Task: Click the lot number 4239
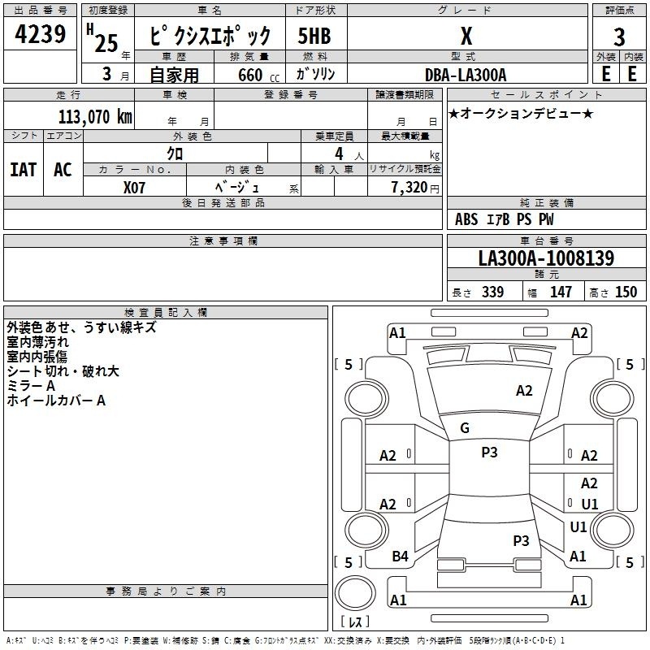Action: coord(40,33)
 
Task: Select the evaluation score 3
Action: coord(619,37)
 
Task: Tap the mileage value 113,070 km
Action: coord(95,116)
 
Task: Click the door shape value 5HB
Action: coord(314,36)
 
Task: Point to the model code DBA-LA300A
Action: coord(466,75)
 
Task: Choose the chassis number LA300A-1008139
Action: coord(546,258)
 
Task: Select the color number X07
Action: coord(134,188)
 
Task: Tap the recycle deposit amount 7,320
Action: coord(409,187)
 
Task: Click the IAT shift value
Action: coord(24,170)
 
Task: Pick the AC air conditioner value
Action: coord(63,170)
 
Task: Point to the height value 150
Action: coord(626,292)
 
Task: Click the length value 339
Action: coord(492,292)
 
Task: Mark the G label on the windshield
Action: coord(465,428)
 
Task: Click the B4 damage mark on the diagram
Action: coord(400,557)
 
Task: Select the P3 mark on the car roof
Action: coord(489,452)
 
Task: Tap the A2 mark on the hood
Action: coord(524,391)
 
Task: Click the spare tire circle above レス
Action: coord(355,593)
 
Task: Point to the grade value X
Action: coord(466,36)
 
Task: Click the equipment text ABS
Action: coord(466,219)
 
